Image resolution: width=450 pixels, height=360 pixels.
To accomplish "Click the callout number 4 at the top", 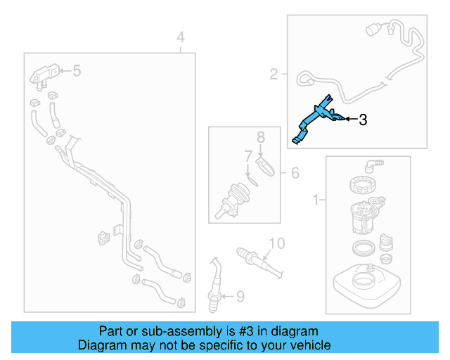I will coord(181,37).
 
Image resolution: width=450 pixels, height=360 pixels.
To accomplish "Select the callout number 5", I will coord(77,70).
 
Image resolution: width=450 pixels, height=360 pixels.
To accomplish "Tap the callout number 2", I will coord(274,72).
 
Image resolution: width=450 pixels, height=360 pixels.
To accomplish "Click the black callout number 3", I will coord(363,120).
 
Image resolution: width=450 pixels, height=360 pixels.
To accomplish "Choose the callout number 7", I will coord(247,155).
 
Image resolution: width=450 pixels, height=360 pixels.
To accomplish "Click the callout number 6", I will coord(295,172).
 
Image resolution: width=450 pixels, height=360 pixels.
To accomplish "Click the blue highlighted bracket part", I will coord(316,120).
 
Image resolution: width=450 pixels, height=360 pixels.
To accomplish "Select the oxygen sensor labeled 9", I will coord(216,281).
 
